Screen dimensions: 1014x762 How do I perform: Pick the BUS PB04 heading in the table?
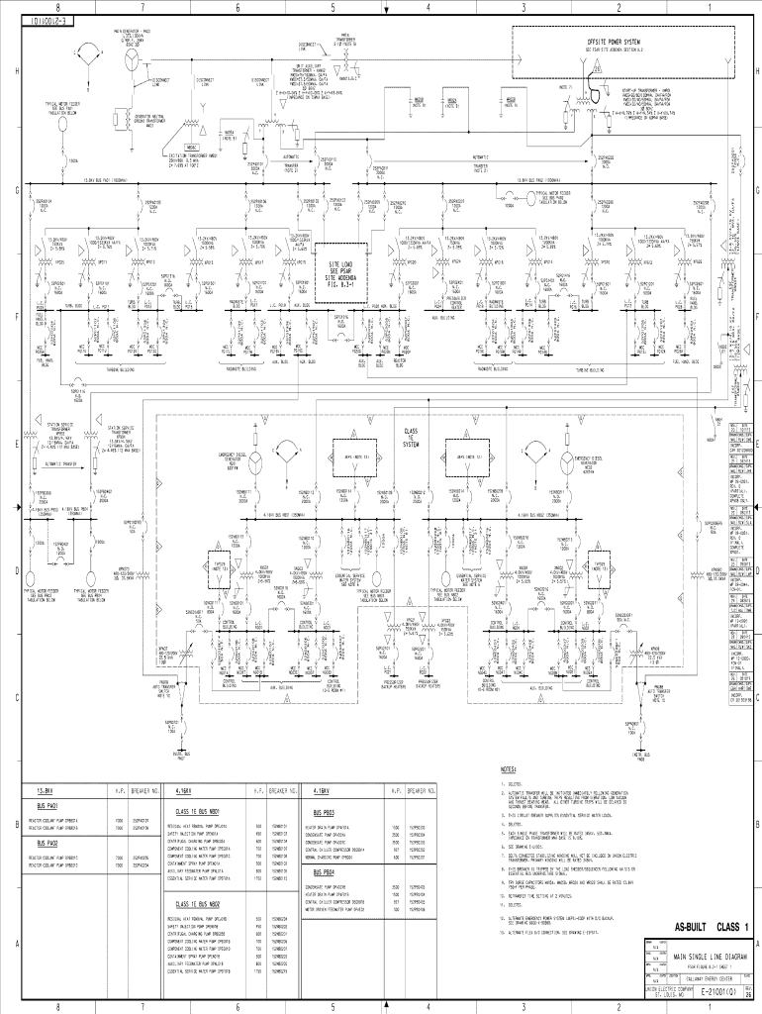pos(322,872)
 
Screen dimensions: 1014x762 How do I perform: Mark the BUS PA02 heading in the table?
pos(48,843)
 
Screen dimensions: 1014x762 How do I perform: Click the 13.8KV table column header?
pos(45,791)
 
